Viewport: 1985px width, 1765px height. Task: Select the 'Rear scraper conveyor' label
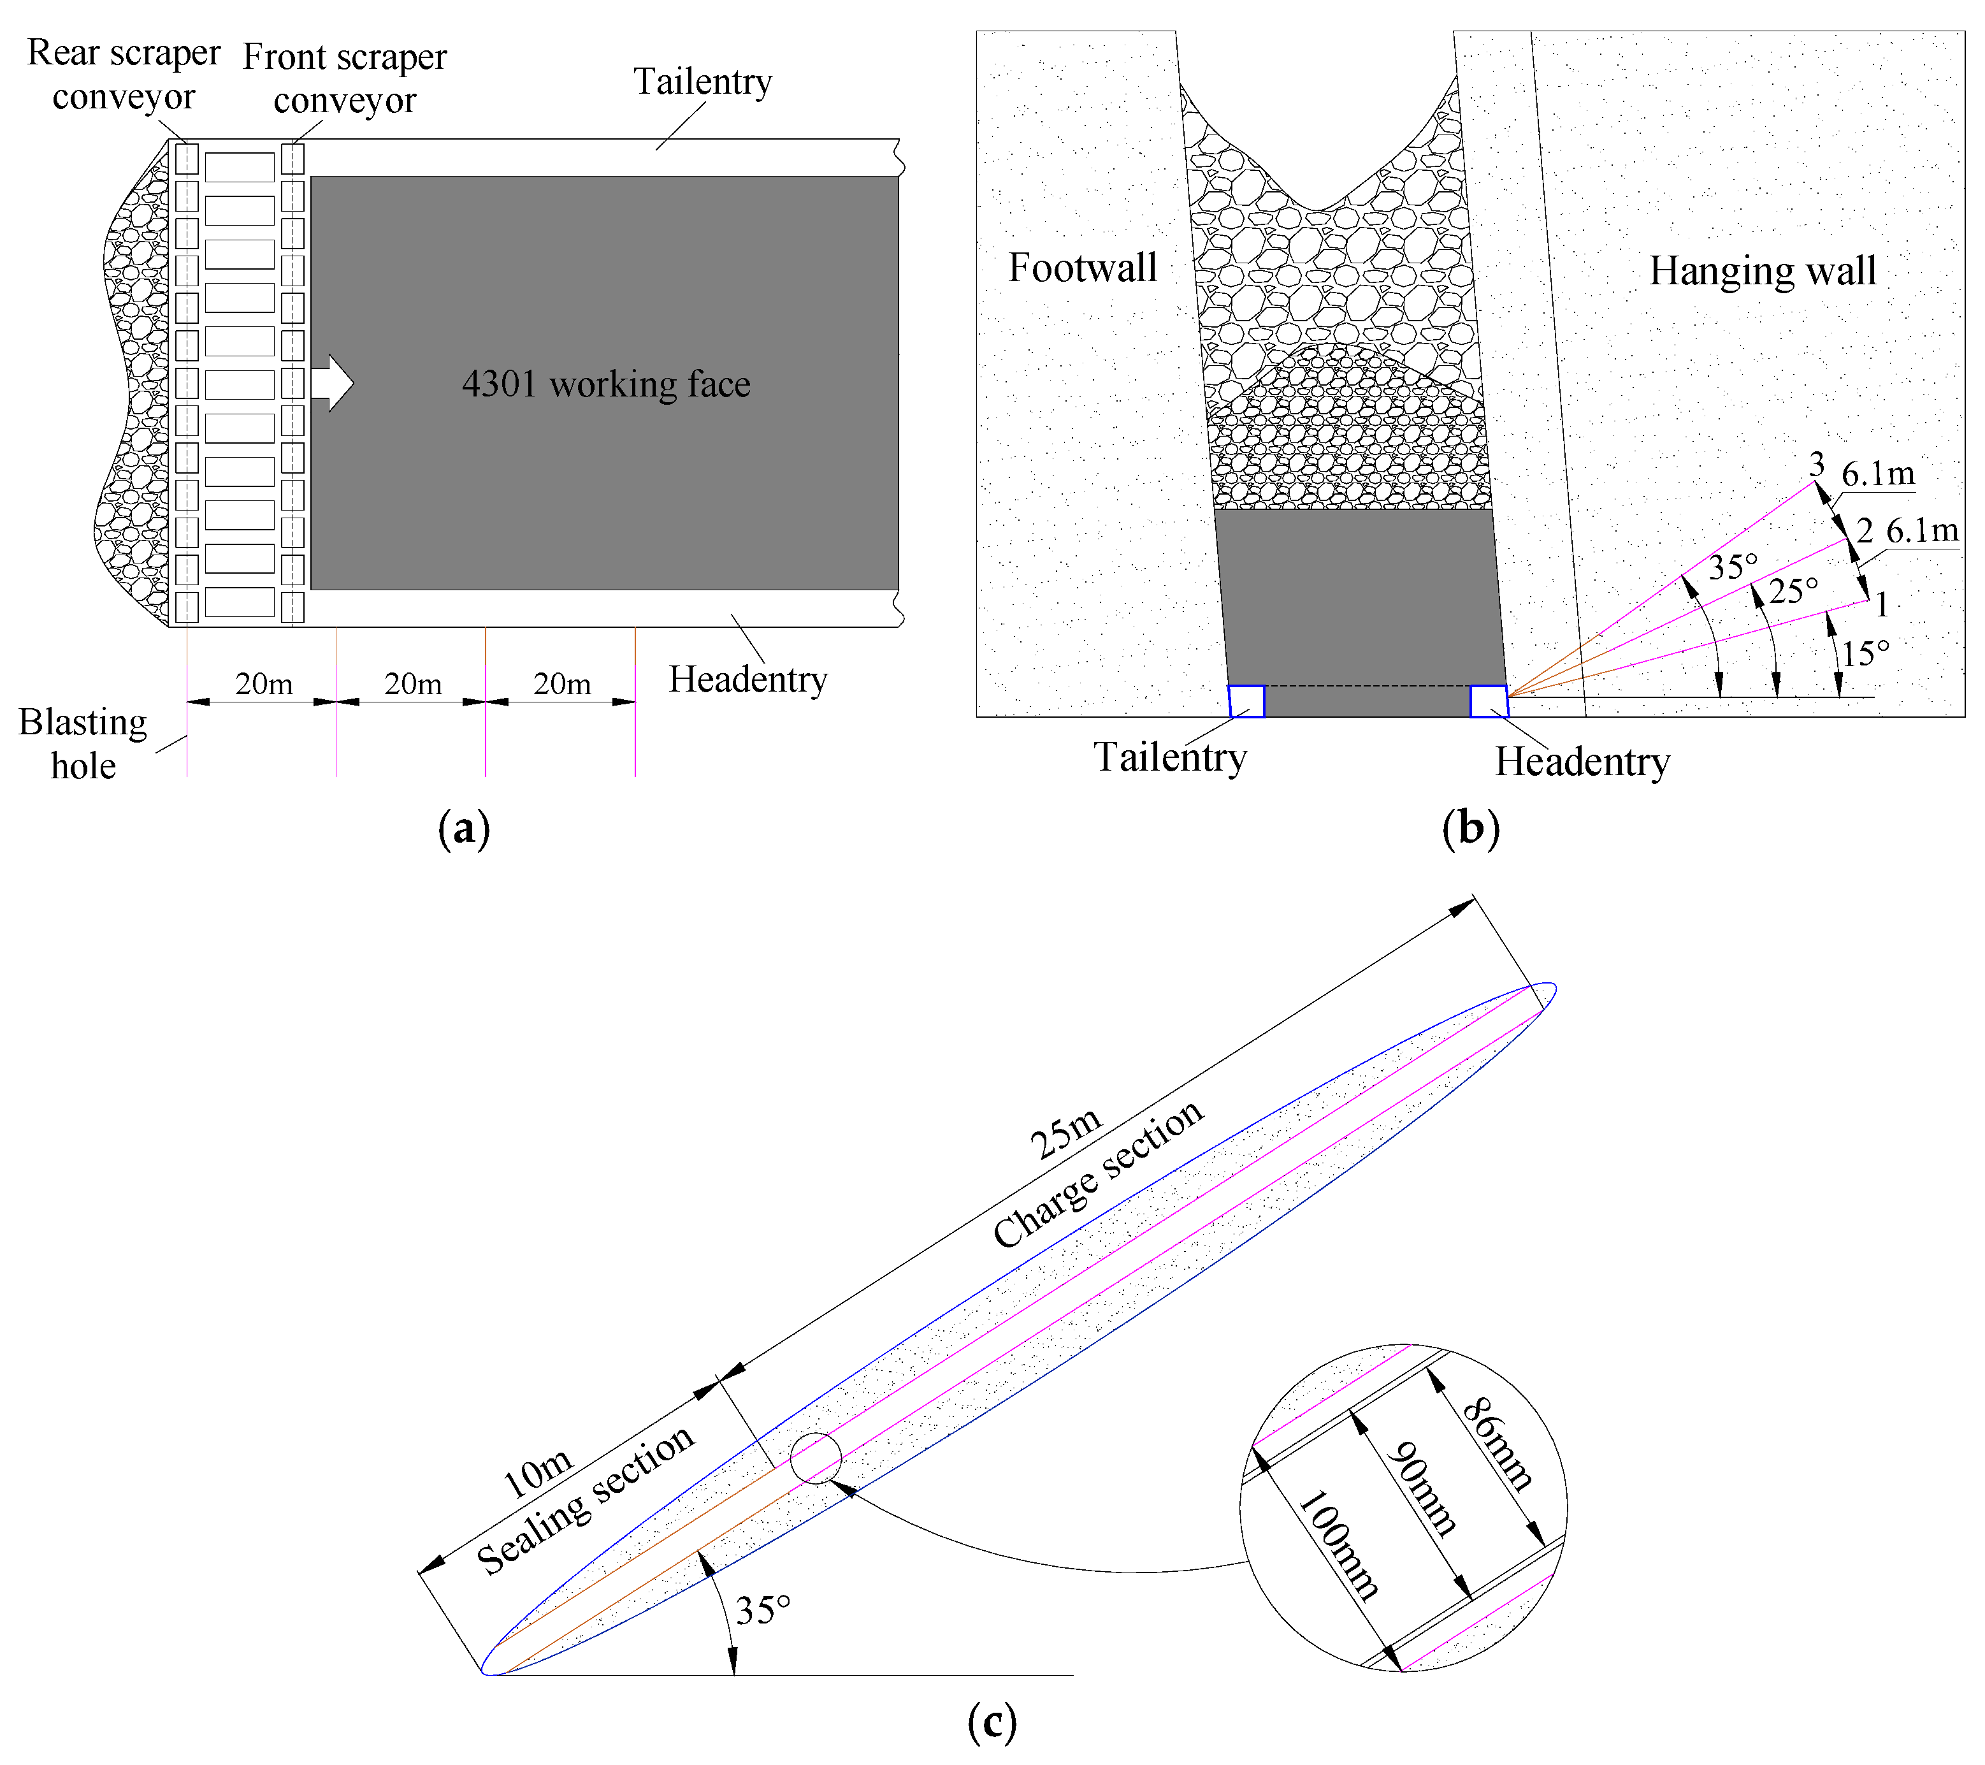124,75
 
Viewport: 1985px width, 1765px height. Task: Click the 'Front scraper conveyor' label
345,78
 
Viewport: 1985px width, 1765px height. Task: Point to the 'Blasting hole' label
83,744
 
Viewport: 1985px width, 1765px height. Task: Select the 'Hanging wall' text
1761,271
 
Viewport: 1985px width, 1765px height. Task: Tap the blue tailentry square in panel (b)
1246,701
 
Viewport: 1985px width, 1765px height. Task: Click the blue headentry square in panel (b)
1488,701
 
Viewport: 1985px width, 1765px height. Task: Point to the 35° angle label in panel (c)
762,1611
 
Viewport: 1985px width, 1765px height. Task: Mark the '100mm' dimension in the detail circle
1338,1544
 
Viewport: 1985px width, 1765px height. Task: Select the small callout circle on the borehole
816,1458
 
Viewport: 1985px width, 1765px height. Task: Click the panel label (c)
992,1722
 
